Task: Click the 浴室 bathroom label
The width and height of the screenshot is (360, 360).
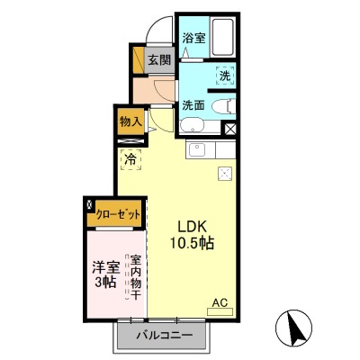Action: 193,38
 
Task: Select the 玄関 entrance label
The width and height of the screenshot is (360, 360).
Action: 159,60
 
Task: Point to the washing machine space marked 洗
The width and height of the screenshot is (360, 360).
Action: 224,77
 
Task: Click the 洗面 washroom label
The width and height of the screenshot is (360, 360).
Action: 193,104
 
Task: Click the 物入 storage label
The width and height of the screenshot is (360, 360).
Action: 130,121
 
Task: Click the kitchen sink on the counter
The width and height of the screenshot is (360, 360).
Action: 199,148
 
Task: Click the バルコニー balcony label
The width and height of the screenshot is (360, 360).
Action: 165,336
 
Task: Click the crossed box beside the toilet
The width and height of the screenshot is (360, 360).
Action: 230,129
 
